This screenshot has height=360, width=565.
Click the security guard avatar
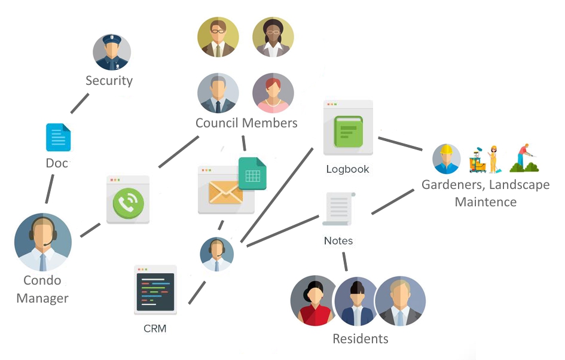point(112,52)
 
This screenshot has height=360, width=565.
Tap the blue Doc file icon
point(58,137)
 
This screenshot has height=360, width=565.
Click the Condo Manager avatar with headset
point(42,242)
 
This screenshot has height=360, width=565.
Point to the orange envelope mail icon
point(225,193)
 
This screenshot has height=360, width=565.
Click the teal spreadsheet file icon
point(252,173)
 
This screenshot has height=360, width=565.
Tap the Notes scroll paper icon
point(338,209)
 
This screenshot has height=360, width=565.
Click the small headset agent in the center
point(216,254)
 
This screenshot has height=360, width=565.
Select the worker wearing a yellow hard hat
point(447,158)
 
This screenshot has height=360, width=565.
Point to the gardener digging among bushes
point(524,158)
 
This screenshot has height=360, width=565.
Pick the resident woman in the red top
point(315,301)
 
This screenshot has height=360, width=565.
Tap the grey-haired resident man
point(400,301)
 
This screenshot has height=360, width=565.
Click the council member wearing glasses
point(218,37)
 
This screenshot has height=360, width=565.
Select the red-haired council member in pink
point(273,93)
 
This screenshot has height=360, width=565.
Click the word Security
point(109,80)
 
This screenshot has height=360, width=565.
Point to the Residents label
point(361,338)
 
